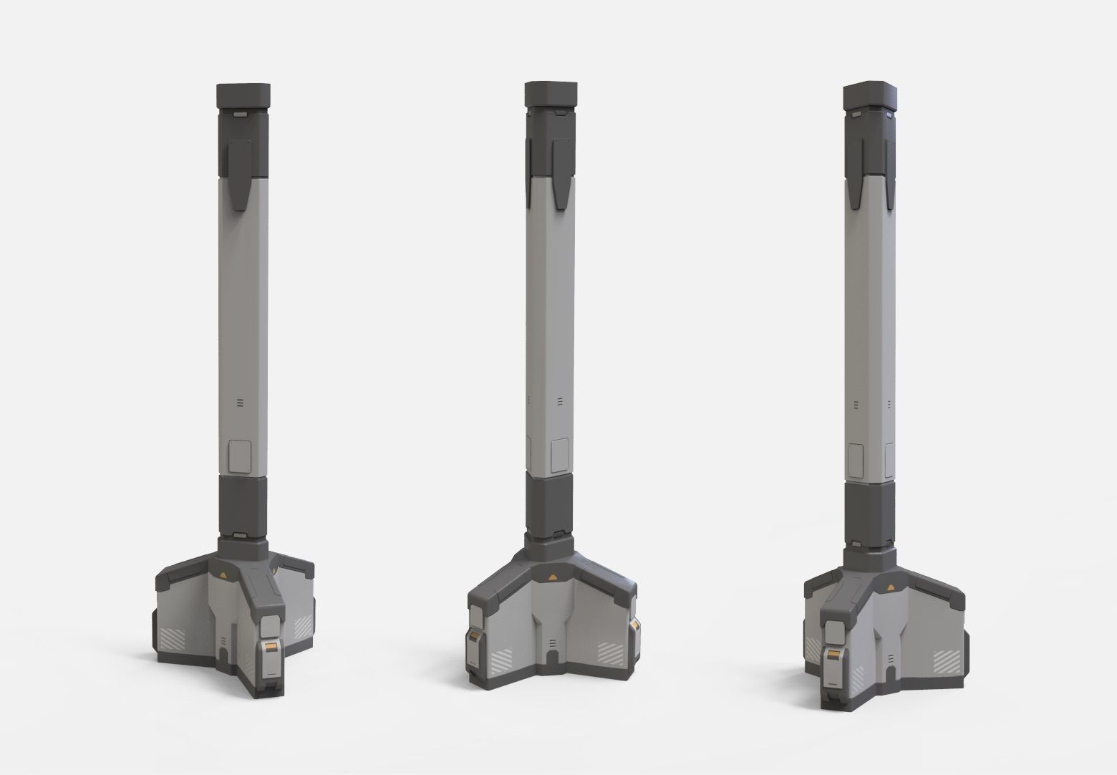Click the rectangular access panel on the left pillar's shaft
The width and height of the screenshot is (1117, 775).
240,457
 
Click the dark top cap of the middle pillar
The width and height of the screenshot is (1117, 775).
550,94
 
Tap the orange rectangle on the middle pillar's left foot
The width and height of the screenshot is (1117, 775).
475,637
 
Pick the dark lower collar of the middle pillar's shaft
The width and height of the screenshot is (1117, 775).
549,501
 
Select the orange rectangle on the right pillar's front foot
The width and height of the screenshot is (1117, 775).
834,655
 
